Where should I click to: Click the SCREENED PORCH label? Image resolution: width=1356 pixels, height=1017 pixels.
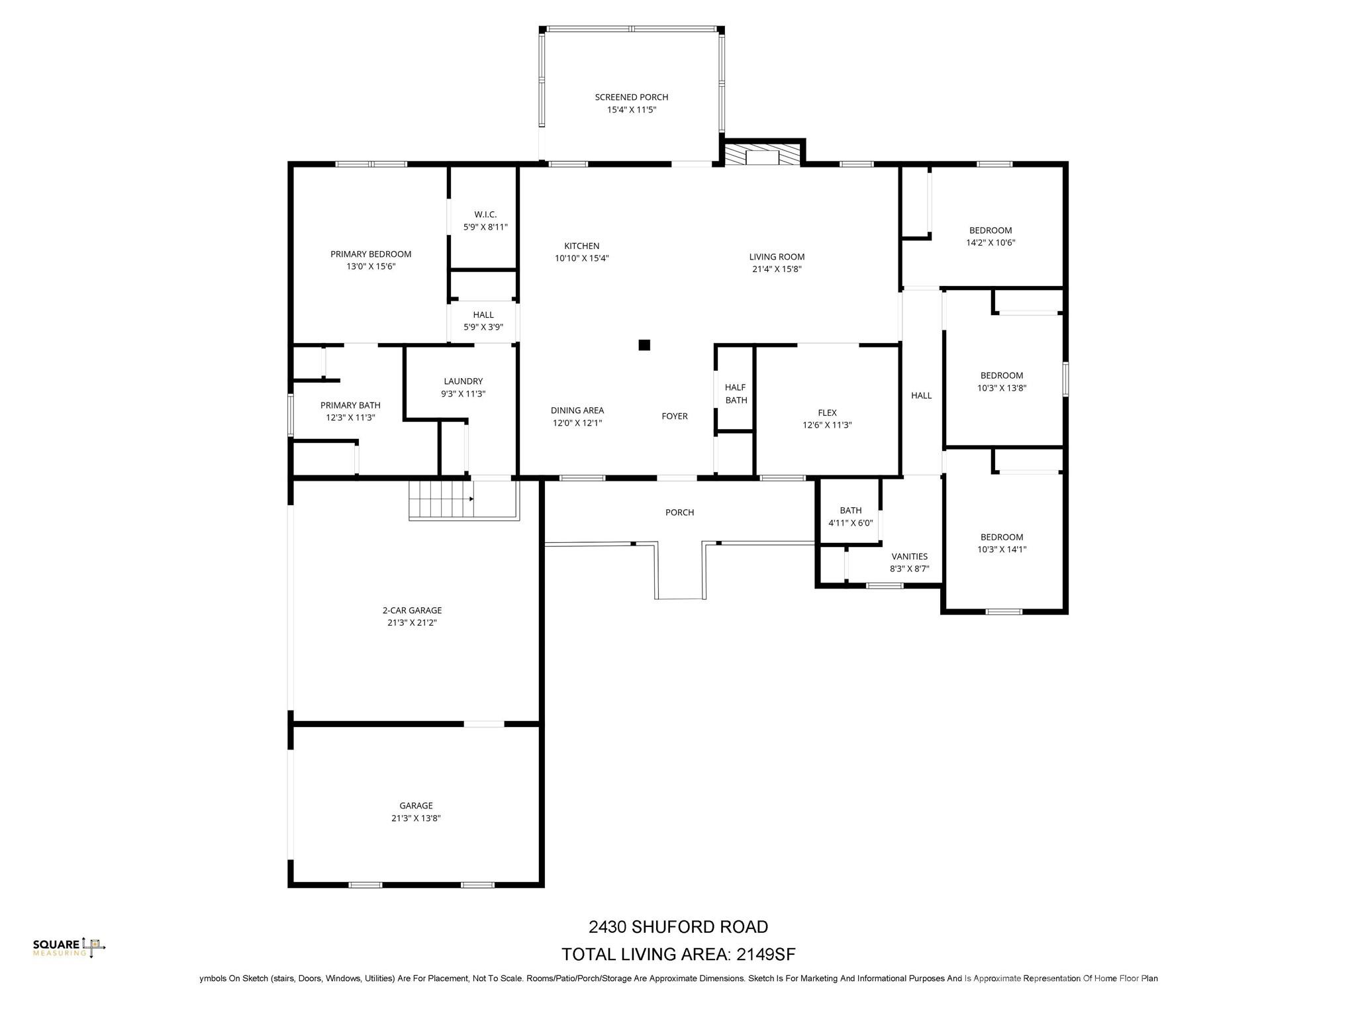pos(631,97)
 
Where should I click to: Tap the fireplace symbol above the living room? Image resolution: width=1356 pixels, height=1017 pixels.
pos(762,156)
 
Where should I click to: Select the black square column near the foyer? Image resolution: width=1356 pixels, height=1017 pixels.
pos(644,345)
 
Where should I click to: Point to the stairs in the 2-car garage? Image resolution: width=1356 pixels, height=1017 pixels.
pos(441,500)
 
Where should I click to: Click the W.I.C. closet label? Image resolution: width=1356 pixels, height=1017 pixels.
pos(485,215)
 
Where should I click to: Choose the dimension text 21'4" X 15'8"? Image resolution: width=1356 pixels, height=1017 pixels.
pos(777,269)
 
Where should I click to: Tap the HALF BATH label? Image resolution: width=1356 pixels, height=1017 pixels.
pos(736,393)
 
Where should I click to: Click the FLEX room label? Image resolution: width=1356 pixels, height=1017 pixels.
pos(827,412)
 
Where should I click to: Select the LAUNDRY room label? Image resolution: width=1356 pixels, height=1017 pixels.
pos(463,381)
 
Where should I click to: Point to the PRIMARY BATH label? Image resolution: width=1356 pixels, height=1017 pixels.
pos(350,405)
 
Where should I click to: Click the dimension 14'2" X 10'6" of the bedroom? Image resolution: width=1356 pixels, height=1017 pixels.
pos(990,242)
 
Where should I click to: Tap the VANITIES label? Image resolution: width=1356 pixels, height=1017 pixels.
pos(909,556)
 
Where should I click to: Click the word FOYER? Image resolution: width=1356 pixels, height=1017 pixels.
pos(675,416)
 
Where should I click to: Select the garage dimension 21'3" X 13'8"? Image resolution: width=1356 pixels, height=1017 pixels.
pos(416,818)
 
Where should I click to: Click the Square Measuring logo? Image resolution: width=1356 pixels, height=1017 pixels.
pos(69,947)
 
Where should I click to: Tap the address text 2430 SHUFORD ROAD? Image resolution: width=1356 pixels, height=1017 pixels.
pos(678,926)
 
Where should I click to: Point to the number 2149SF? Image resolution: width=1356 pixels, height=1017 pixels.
pos(766,954)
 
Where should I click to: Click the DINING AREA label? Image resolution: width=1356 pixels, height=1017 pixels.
pos(577,411)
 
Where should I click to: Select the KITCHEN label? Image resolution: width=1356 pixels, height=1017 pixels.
pos(581,246)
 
